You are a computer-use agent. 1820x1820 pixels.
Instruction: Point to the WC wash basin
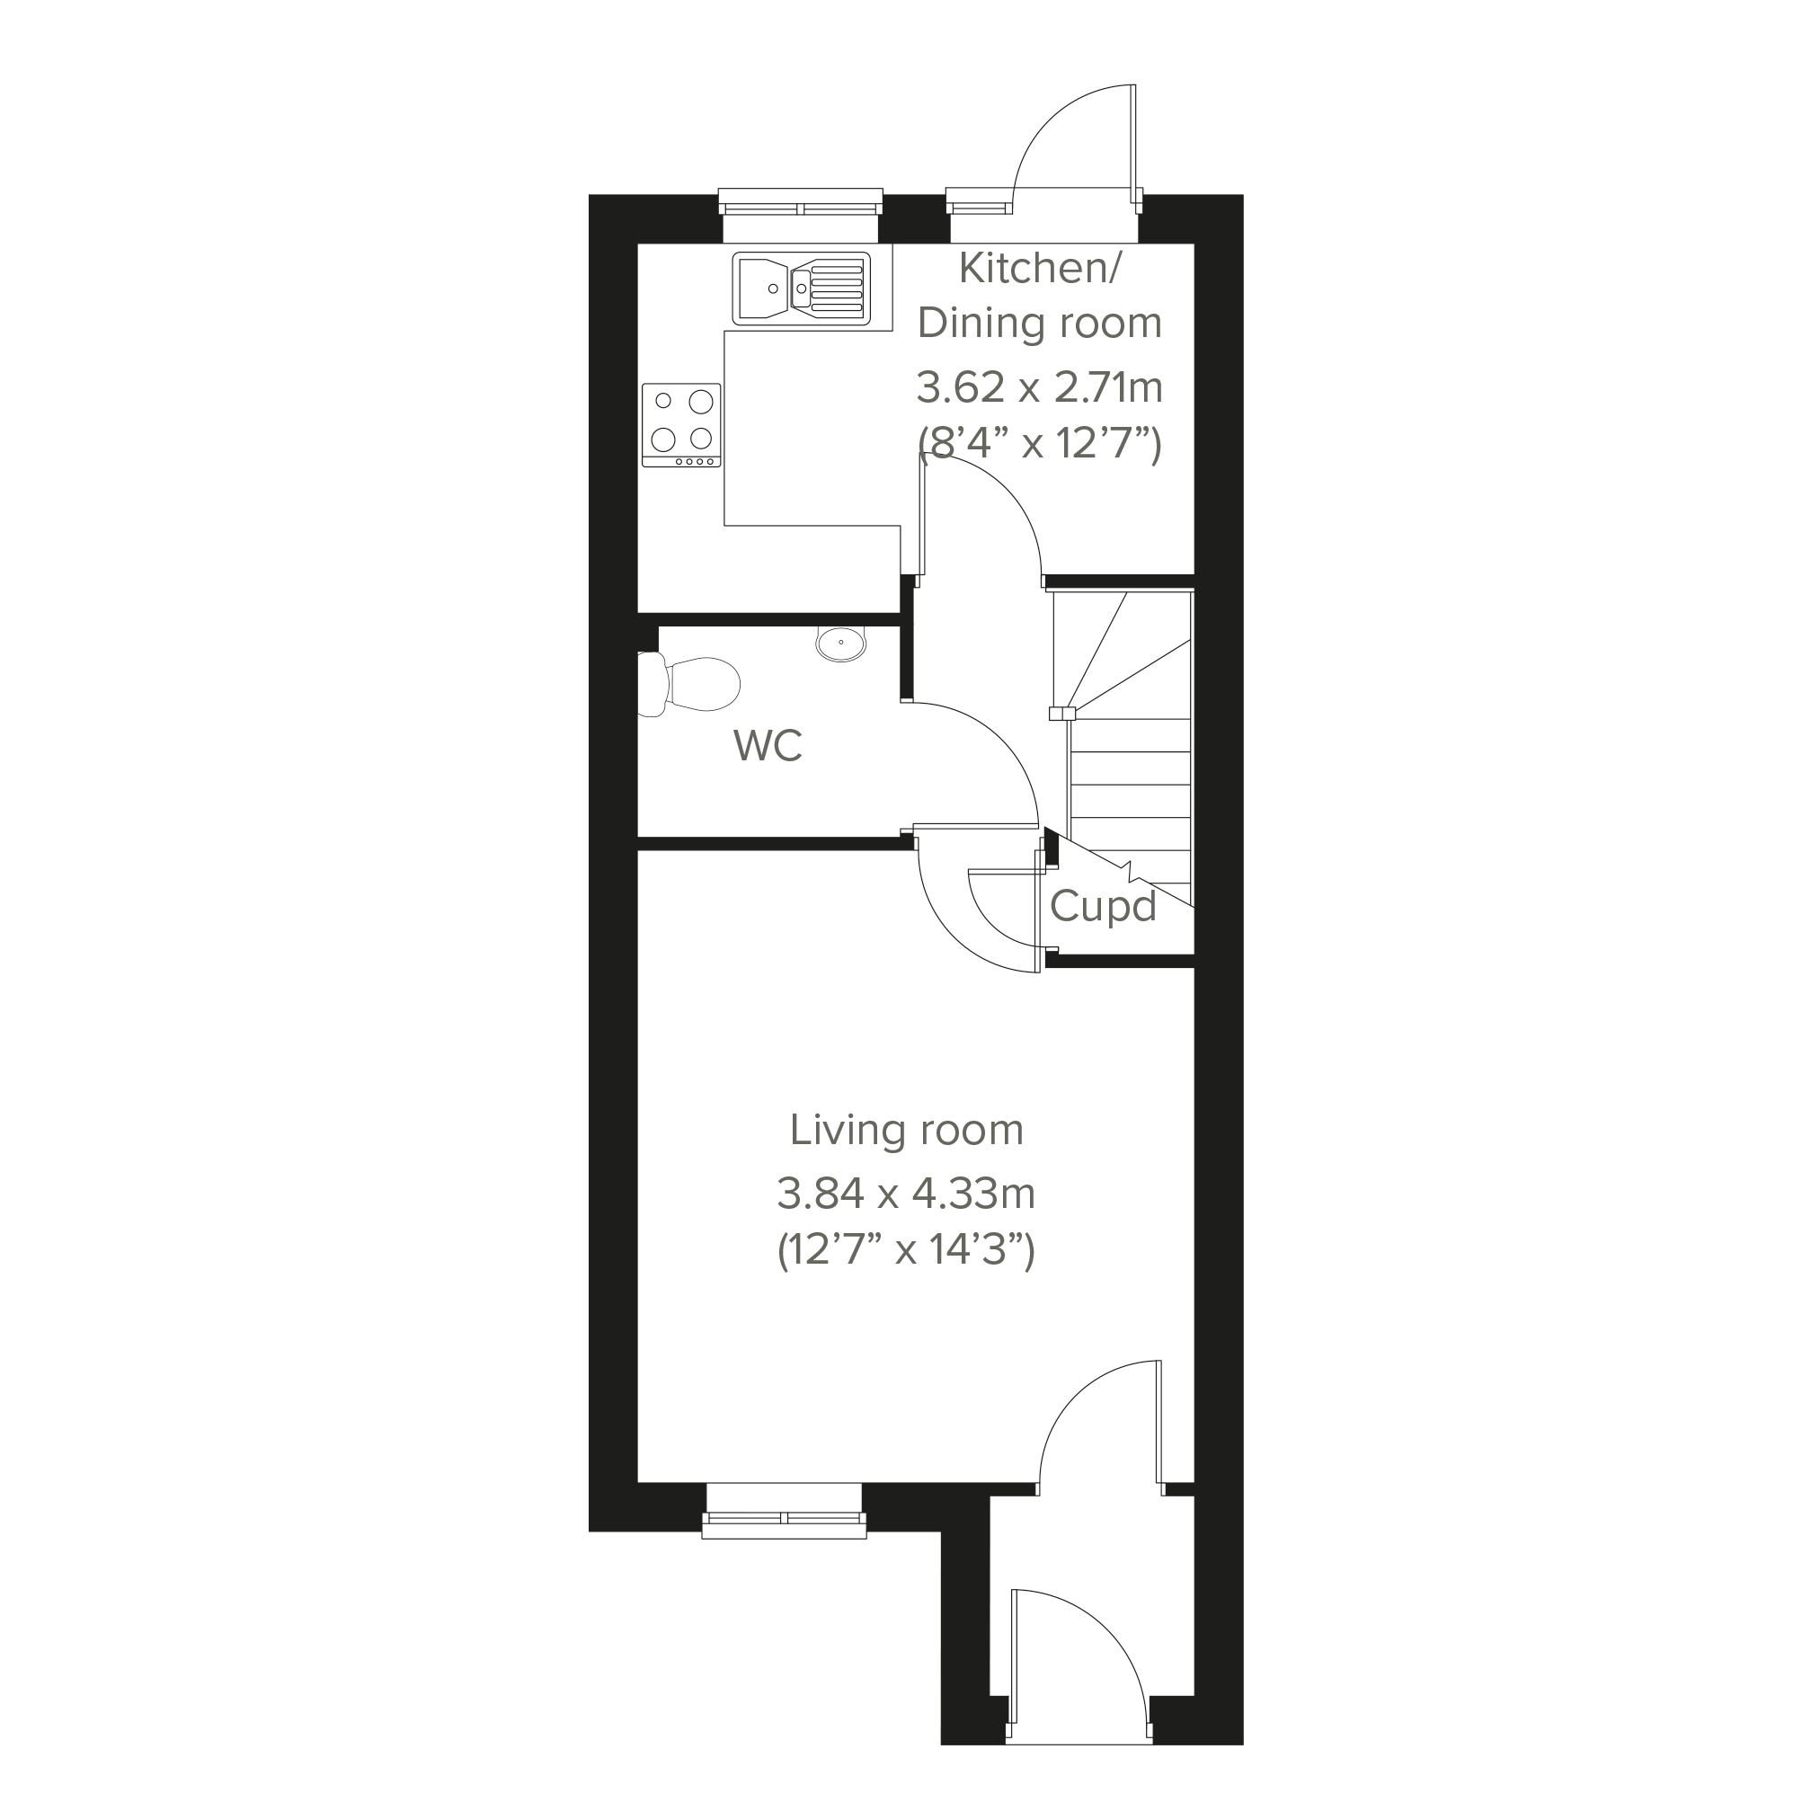coord(841,644)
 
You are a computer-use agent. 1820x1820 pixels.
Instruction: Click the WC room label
coord(768,747)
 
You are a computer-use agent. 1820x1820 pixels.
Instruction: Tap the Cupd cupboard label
coord(1102,907)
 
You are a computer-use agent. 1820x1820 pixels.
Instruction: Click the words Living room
coord(906,1131)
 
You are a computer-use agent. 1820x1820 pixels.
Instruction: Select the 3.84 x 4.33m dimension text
coord(906,1194)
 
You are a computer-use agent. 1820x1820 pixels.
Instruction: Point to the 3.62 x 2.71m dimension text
coord(1039,387)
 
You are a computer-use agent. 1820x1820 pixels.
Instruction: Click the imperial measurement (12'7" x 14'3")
coord(906,1253)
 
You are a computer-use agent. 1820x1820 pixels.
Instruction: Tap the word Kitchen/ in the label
coord(1039,269)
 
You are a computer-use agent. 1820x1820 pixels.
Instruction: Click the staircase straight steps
coord(1131,782)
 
